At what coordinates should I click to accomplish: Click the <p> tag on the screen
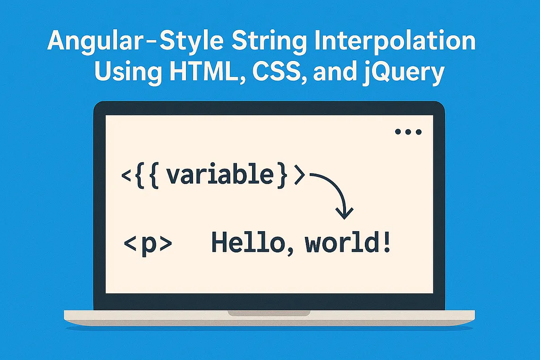tap(148, 246)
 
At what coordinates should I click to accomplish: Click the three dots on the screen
tap(408, 133)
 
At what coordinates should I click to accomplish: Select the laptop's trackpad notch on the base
tap(269, 313)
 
